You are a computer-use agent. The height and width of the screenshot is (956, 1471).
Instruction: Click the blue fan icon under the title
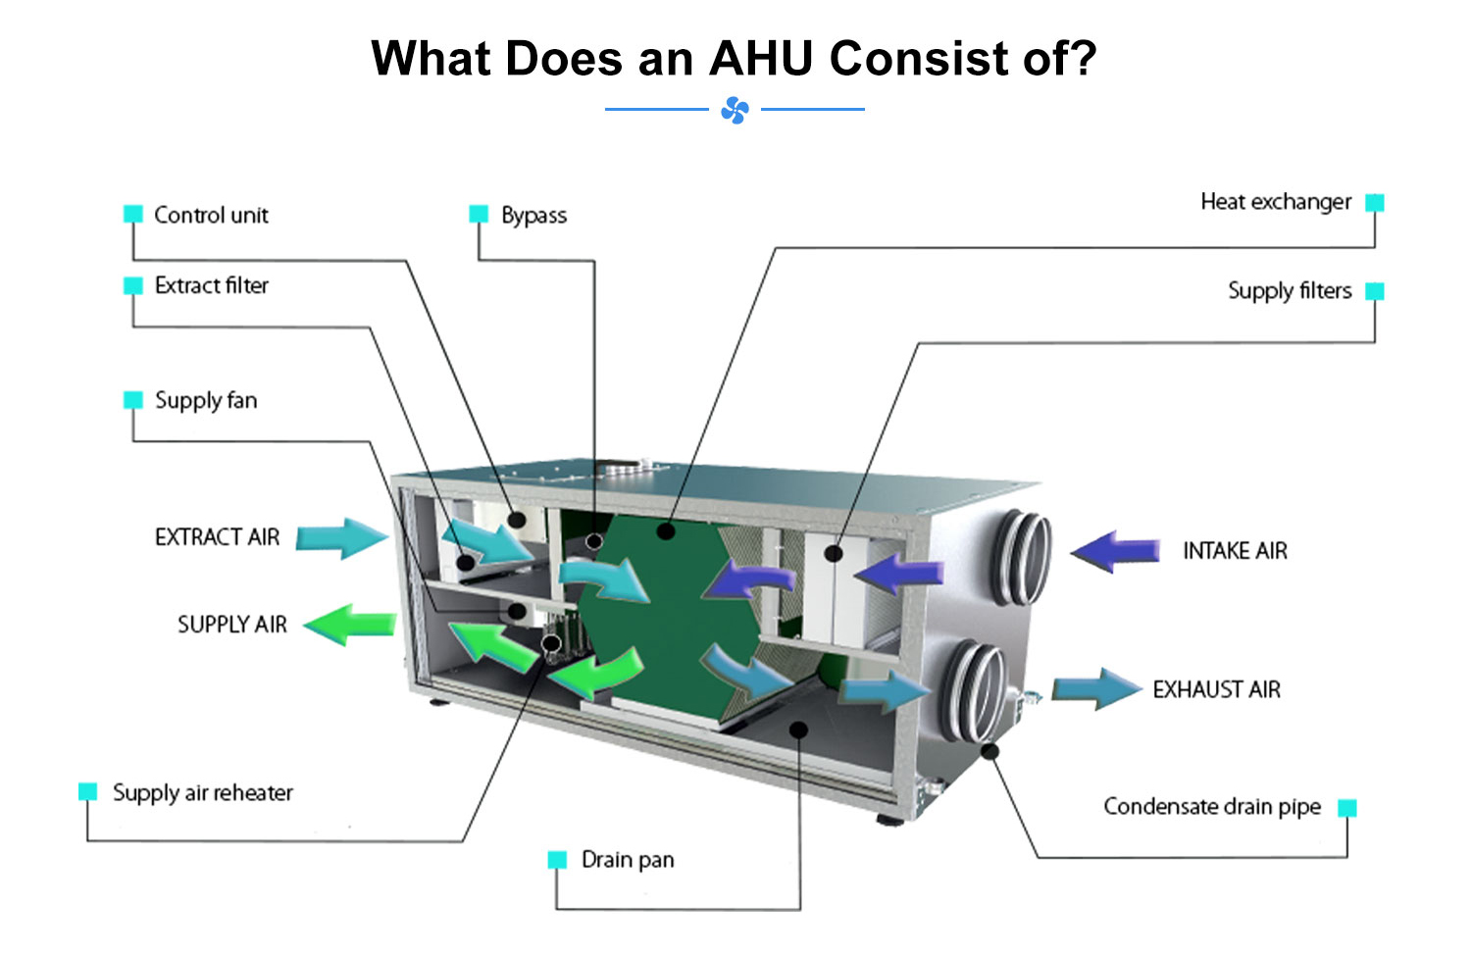pyautogui.click(x=735, y=110)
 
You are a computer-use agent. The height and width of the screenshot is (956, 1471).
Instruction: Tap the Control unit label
pyautogui.click(x=211, y=215)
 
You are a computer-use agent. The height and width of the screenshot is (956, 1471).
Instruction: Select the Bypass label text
pyautogui.click(x=533, y=216)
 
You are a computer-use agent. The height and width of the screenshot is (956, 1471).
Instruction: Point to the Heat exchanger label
pyautogui.click(x=1276, y=202)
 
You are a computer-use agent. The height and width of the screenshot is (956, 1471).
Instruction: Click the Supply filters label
pyautogui.click(x=1290, y=290)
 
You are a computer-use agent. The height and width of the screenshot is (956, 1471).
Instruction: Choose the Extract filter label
pyautogui.click(x=212, y=285)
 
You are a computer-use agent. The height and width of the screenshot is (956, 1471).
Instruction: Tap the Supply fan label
pyautogui.click(x=206, y=400)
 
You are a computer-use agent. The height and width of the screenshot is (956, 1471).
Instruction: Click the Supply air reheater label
pyautogui.click(x=202, y=793)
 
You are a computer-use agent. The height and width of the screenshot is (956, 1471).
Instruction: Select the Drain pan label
pyautogui.click(x=628, y=860)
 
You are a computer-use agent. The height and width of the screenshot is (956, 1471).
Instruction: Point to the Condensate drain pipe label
pyautogui.click(x=1212, y=806)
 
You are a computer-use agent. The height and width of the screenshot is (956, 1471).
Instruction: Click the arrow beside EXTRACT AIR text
pyautogui.click(x=341, y=538)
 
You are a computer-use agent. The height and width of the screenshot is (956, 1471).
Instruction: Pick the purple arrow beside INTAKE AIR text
pyautogui.click(x=1116, y=551)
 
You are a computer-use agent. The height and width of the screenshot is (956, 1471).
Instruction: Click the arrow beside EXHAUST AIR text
pyautogui.click(x=1096, y=688)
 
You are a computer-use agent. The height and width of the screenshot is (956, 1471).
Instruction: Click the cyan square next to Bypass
pyautogui.click(x=479, y=214)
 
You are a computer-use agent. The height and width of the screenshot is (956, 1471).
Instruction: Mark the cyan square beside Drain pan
pyautogui.click(x=557, y=860)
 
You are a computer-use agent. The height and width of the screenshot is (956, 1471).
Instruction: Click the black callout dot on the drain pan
pyautogui.click(x=798, y=730)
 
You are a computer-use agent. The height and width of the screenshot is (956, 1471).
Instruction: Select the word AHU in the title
pyautogui.click(x=761, y=59)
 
